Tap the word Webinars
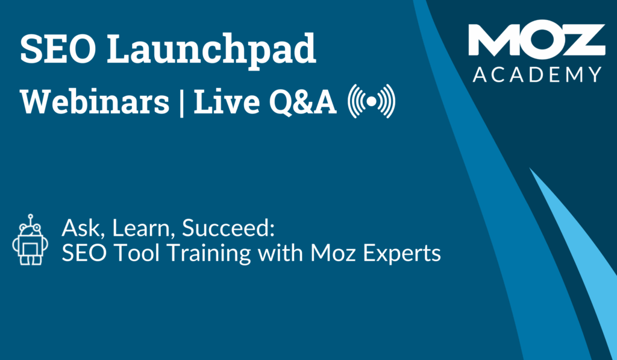95,102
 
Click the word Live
227,102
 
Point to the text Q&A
303,103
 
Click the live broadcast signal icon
371,101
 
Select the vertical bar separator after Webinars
181,103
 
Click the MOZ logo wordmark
537,40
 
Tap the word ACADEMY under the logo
537,74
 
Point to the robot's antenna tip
30,216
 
